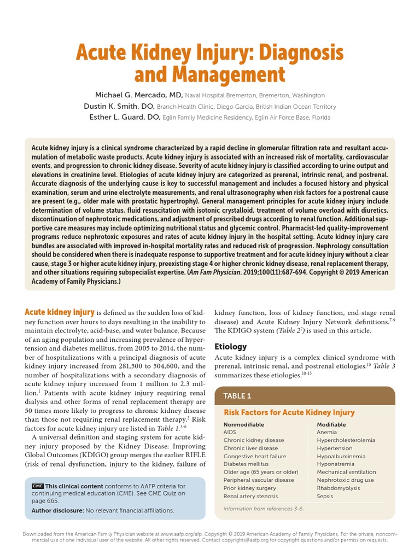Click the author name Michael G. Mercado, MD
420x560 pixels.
point(140,95)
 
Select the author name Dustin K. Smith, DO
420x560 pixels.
point(119,106)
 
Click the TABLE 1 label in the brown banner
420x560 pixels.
point(237,396)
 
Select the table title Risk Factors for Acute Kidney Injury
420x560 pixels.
point(289,412)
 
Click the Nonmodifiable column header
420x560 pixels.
point(243,424)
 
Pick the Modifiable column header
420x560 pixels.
point(331,424)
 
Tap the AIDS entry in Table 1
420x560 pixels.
point(230,432)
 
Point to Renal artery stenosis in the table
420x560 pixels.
point(250,496)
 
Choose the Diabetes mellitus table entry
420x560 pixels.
point(246,464)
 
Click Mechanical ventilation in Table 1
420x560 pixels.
point(346,472)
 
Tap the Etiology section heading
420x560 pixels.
point(230,347)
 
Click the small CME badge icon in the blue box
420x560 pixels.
point(37,486)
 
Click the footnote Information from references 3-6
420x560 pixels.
point(263,509)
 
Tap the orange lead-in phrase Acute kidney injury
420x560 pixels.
point(60,312)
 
